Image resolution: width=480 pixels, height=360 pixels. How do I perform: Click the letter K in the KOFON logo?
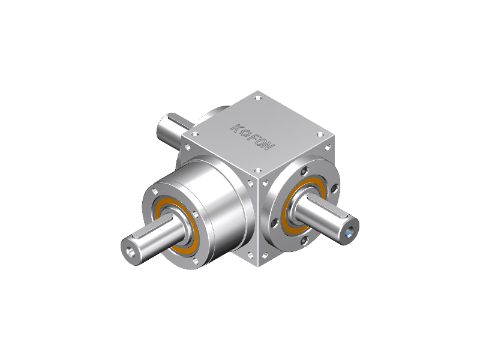pos(235,128)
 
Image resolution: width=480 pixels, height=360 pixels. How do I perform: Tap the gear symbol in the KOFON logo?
pos(245,133)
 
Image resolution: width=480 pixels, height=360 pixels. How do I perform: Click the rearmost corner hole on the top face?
pos(258,98)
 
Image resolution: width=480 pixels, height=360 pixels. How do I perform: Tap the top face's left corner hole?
pos(195,134)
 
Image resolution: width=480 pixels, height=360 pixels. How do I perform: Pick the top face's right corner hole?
pos(320,134)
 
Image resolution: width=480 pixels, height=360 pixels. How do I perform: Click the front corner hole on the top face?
pos(258,170)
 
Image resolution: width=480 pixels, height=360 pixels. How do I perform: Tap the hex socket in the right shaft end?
pos(350,233)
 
